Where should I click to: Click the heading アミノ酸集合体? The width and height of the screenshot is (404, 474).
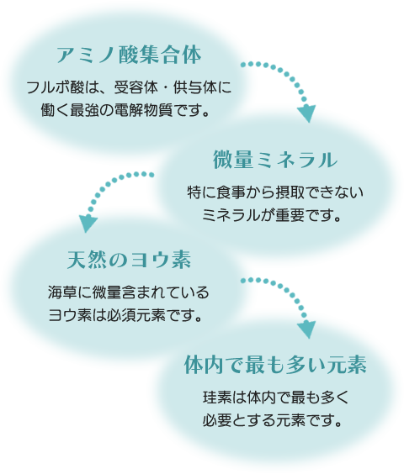tap(129, 55)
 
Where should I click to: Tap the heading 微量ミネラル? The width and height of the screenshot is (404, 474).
tap(275, 160)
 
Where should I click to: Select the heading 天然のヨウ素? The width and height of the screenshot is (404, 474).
tap(129, 260)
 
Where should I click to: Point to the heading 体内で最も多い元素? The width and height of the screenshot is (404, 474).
tap(275, 365)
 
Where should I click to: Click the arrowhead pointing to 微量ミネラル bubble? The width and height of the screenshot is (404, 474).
tap(306, 113)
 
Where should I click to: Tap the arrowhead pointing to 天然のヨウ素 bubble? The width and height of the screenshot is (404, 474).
tap(88, 223)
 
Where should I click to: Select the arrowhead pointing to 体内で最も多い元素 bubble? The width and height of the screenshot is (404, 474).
tap(306, 329)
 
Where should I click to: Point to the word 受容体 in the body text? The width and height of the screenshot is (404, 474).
tap(136, 88)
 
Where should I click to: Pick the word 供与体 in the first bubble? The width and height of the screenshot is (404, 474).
tap(195, 88)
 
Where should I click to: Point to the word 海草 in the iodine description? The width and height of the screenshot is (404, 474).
tap(62, 292)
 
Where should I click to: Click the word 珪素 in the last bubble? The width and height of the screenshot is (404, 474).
tap(217, 398)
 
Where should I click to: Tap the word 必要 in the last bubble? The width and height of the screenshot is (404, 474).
tap(217, 420)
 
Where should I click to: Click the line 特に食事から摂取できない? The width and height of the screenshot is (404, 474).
tap(275, 192)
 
